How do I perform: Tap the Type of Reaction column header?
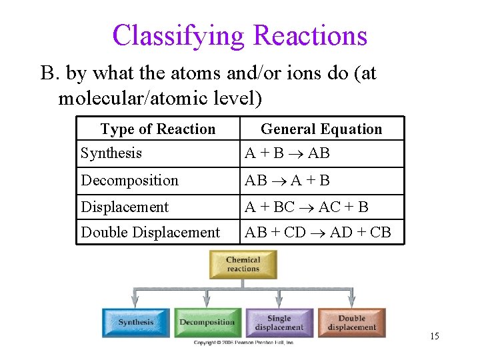(x=158, y=129)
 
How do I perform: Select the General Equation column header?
(x=321, y=129)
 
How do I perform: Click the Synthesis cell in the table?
(x=111, y=153)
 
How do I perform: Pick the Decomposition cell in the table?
(x=130, y=181)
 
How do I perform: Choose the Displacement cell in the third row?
(x=125, y=207)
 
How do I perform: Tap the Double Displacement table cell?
(x=150, y=232)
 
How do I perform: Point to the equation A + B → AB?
(x=287, y=153)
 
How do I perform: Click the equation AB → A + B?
(x=287, y=181)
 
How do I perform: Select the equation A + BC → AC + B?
(x=307, y=207)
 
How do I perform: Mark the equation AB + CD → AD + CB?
(x=318, y=232)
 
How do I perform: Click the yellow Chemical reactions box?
(x=243, y=265)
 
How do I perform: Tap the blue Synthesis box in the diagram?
(x=136, y=322)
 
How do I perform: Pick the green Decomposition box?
(x=207, y=322)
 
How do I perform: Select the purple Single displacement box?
(x=279, y=322)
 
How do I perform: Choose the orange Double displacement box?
(x=351, y=322)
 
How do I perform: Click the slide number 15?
(x=435, y=336)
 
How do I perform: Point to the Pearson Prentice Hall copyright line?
(x=243, y=342)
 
